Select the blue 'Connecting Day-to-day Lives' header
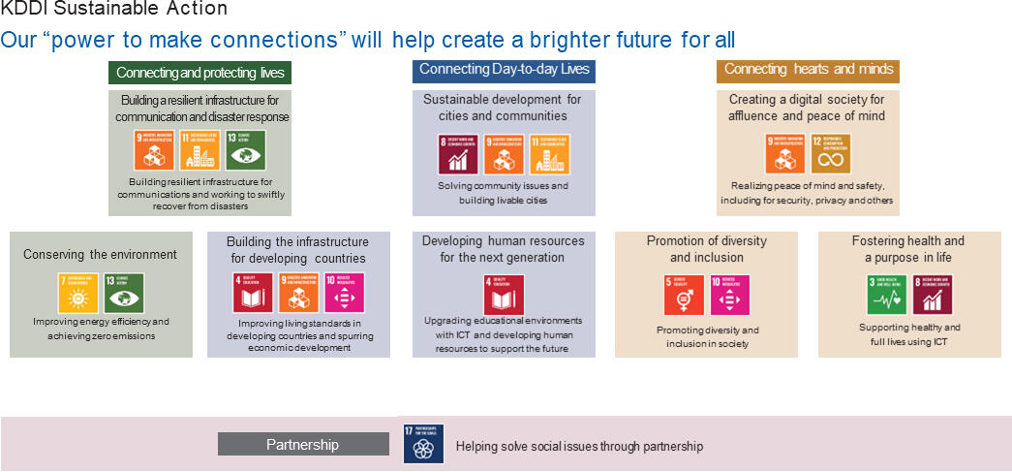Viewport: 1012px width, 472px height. (x=505, y=70)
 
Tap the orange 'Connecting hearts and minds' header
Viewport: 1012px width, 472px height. (x=809, y=70)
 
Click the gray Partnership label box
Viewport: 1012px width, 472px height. (x=303, y=444)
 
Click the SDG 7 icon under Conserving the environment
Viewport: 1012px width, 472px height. (x=78, y=293)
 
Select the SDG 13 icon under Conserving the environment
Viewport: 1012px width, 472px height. (x=123, y=293)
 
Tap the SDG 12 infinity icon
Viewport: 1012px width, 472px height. (x=831, y=153)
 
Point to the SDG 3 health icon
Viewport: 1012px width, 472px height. (x=886, y=295)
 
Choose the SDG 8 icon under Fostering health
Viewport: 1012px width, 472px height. (x=931, y=295)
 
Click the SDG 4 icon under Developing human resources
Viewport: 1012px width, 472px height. (x=502, y=295)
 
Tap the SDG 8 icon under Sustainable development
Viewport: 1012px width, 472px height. (x=457, y=153)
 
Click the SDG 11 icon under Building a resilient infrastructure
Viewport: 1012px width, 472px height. (x=199, y=151)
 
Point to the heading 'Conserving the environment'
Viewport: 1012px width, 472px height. (x=101, y=254)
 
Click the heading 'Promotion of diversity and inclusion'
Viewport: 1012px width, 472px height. (x=706, y=249)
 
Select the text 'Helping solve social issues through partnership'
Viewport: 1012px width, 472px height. (x=579, y=447)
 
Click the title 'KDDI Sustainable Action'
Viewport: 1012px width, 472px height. (x=114, y=9)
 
